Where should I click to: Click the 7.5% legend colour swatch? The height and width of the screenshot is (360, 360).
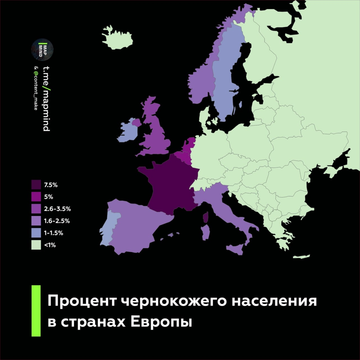point(36,185)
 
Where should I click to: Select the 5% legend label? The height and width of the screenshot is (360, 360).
point(48,197)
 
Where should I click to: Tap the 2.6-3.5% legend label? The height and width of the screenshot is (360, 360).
point(57,209)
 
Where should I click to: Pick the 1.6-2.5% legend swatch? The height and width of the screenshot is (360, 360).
point(36,221)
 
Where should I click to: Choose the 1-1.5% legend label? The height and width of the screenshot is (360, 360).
point(54,233)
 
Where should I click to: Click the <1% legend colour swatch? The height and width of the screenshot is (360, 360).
point(36,245)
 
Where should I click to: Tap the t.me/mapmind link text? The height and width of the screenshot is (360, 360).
point(46,96)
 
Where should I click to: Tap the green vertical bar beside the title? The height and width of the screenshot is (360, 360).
point(36,311)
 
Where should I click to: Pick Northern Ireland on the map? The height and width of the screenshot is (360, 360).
point(136,122)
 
